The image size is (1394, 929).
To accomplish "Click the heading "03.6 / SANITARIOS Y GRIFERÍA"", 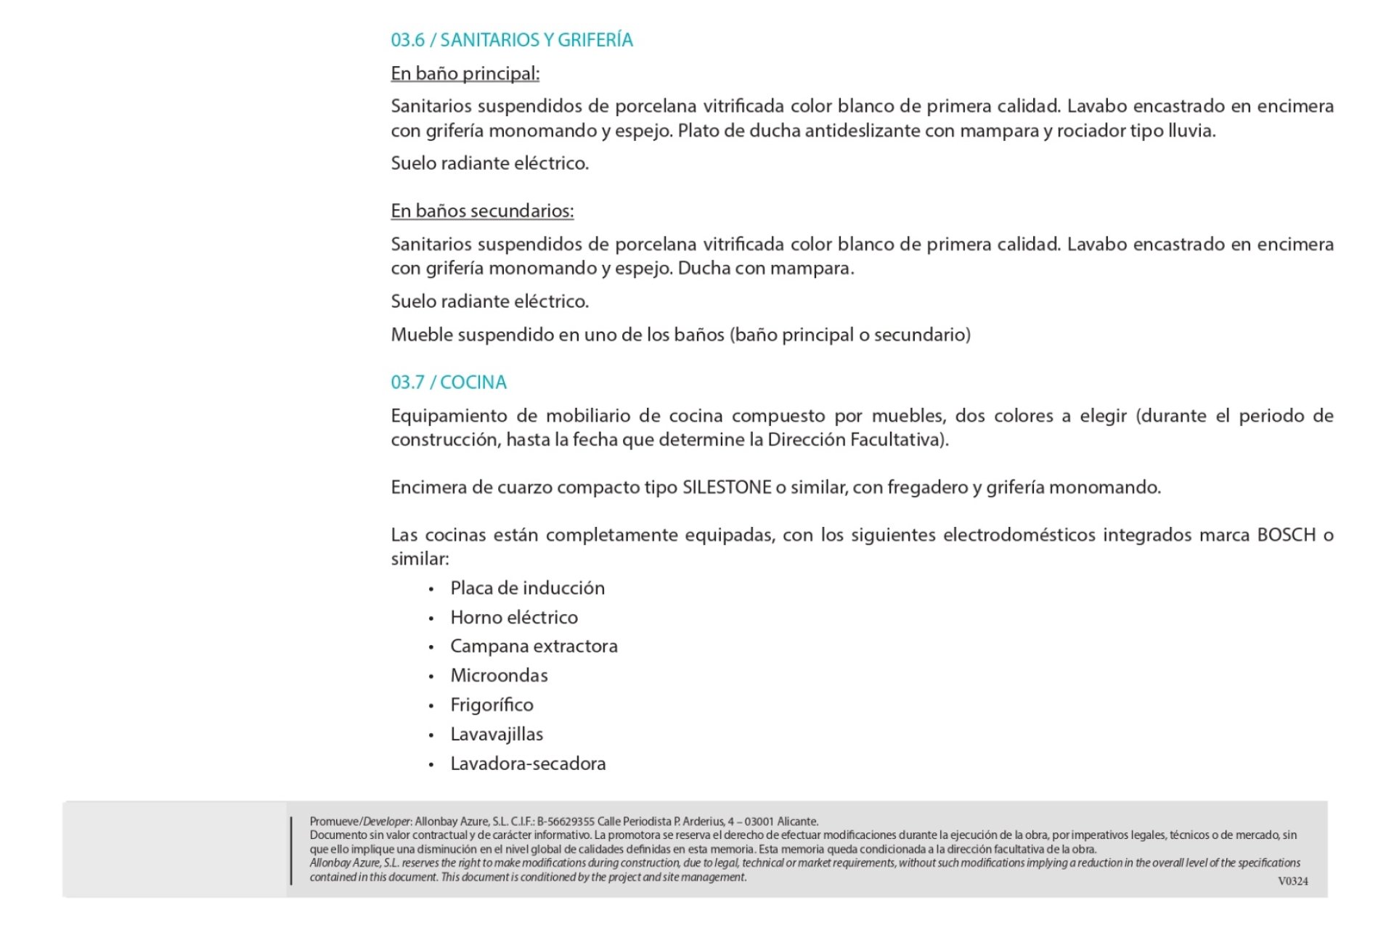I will tap(511, 40).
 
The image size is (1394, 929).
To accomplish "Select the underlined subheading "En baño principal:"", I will tap(465, 73).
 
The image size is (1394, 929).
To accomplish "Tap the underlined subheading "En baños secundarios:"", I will tap(482, 210).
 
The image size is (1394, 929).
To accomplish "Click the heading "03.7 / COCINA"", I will tap(449, 382).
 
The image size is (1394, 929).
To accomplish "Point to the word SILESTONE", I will tap(727, 487).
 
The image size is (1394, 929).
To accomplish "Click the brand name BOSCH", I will tap(1286, 535).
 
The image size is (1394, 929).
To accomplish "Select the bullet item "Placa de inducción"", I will tap(527, 588).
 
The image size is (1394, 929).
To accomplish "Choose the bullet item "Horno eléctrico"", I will tap(514, 618).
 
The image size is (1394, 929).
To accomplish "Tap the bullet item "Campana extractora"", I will tap(534, 646).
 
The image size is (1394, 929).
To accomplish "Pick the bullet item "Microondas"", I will tap(499, 676).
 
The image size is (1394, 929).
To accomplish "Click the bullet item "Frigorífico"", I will tap(492, 705).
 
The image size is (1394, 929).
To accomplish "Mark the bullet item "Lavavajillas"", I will tap(497, 734).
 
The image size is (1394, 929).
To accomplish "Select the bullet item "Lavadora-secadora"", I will tap(528, 764).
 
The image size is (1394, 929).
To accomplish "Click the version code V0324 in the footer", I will tap(1292, 881).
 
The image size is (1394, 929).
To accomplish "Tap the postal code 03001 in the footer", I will tap(759, 822).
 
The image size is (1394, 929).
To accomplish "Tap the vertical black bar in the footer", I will tap(291, 851).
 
